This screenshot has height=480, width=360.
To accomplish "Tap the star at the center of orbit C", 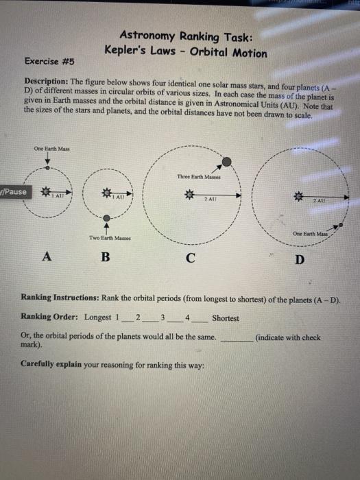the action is pos(185,195).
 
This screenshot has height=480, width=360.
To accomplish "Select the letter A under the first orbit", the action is pos(47,256).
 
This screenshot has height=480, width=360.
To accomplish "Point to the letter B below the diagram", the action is pos(105,258).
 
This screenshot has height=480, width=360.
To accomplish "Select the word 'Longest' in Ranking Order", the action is pos(98,317).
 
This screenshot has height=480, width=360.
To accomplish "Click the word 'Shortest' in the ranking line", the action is pos(226,318).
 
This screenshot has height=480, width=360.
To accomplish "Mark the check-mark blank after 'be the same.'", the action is pos(235,337).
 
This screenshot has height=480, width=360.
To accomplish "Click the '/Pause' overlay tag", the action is pos(14,191).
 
